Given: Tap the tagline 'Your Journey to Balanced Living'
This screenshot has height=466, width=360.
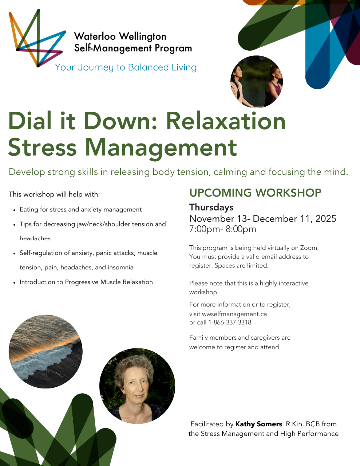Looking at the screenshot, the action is coord(126,67).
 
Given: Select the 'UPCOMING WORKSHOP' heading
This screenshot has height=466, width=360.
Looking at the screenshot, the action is coord(255,193).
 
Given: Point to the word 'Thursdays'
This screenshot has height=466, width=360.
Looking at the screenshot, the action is coord(211,208).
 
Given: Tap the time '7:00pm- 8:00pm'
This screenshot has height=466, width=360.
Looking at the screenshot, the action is coord(222,229).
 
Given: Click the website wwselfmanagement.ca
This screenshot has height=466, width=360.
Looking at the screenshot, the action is coord(234,314).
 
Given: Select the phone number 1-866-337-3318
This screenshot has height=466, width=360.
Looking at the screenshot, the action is coord(230,322).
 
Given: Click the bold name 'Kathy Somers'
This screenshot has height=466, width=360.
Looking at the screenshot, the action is coord(258,424).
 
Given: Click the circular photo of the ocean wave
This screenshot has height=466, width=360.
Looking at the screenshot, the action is coord(46,351).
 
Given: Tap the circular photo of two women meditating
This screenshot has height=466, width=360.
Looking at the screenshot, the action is coord(256,82).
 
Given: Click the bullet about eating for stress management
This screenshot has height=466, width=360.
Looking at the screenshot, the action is coord(80,209).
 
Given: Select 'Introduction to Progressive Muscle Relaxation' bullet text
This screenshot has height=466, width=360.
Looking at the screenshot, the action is coord(86,282).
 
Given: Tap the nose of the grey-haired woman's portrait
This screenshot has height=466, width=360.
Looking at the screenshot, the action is coord(137,387).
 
